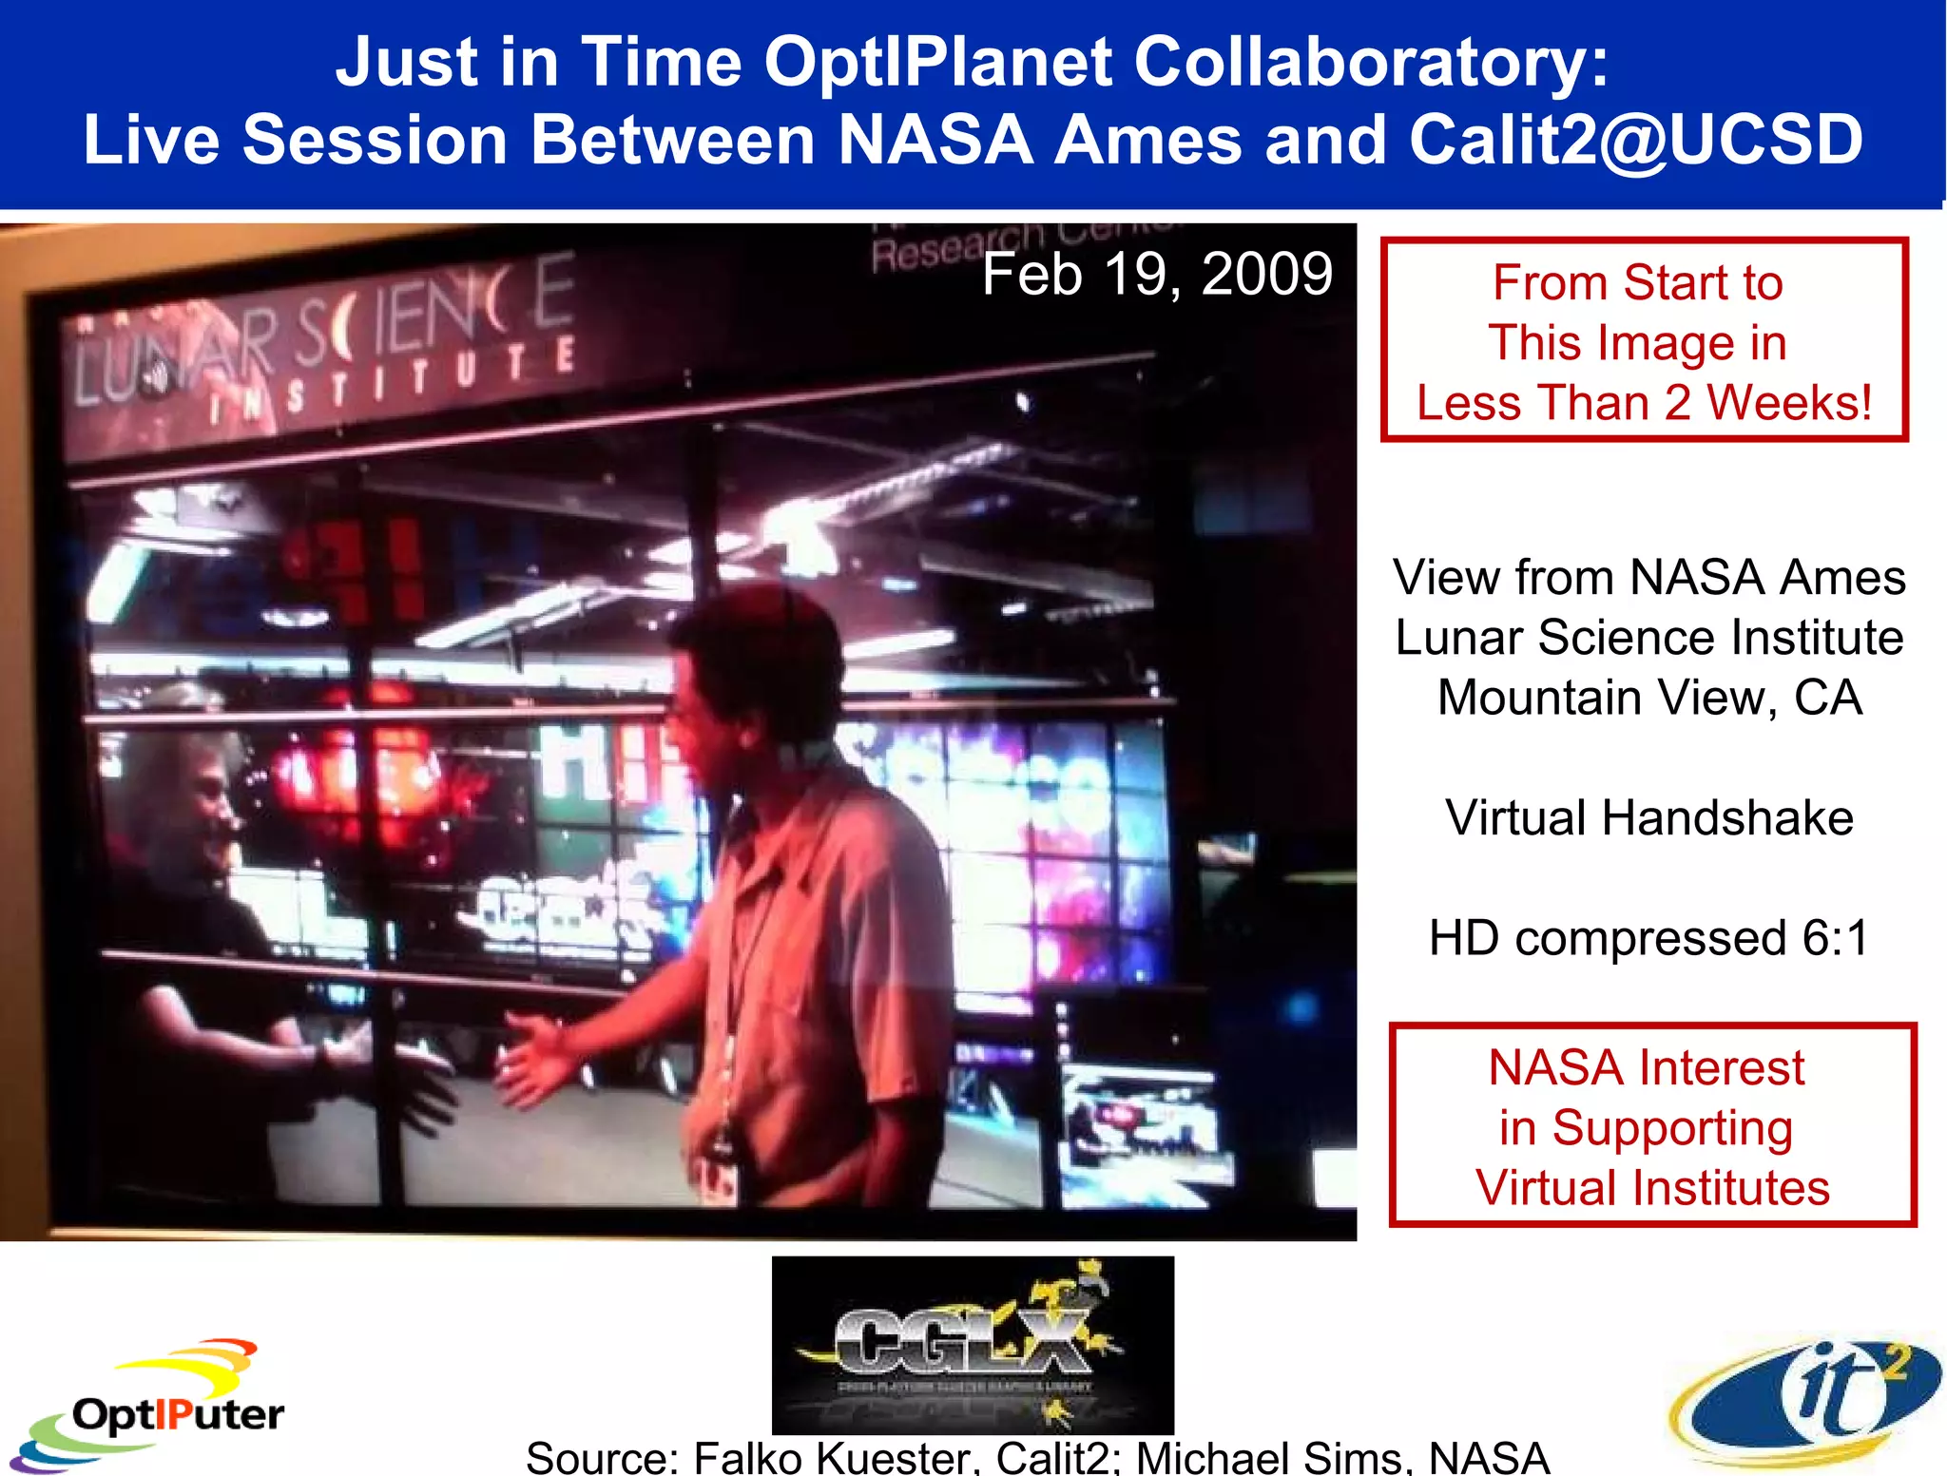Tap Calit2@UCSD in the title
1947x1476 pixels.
pyautogui.click(x=1635, y=141)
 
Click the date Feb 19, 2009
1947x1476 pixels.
pyautogui.click(x=1156, y=275)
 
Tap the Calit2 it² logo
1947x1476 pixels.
pyautogui.click(x=1806, y=1402)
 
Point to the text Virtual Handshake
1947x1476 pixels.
pyautogui.click(x=1648, y=817)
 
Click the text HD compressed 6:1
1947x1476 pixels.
pyautogui.click(x=1648, y=938)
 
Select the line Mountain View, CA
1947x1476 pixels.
pyautogui.click(x=1648, y=698)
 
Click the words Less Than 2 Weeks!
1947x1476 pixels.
pyautogui.click(x=1644, y=402)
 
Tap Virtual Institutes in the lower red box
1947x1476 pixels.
pyautogui.click(x=1651, y=1188)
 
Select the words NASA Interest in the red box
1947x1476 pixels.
pyautogui.click(x=1646, y=1067)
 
